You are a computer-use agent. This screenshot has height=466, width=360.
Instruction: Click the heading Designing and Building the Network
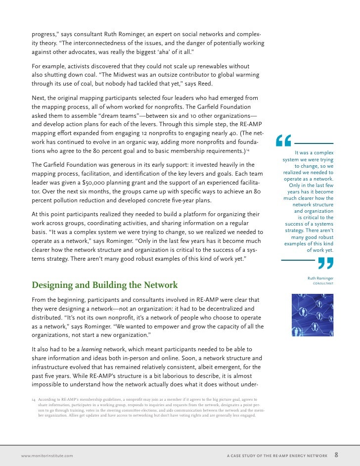point(104,285)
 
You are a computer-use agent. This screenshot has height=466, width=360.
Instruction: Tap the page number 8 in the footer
point(337,455)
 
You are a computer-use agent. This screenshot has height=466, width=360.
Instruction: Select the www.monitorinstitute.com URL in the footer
point(47,455)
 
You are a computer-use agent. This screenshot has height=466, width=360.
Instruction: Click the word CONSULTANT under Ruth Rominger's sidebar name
point(323,283)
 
